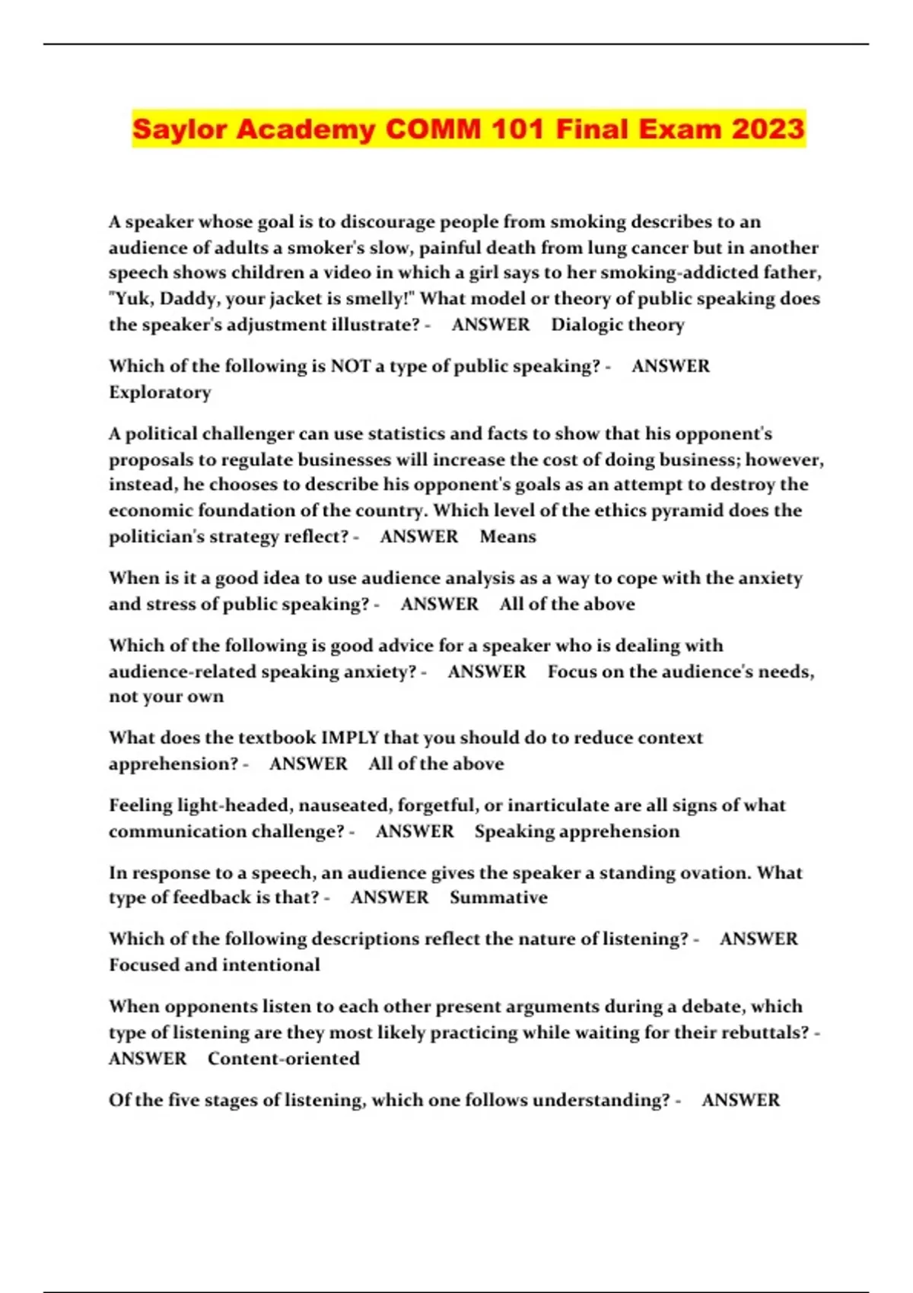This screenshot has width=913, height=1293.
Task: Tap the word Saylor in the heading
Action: click(x=179, y=129)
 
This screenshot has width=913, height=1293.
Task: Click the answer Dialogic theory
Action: click(x=618, y=325)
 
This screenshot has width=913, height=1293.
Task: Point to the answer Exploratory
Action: click(x=160, y=392)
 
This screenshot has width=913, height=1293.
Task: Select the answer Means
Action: click(x=507, y=537)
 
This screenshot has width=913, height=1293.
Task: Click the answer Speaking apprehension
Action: click(x=577, y=831)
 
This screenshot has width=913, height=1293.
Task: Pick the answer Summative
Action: click(x=498, y=897)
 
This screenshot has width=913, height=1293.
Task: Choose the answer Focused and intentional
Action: click(x=214, y=965)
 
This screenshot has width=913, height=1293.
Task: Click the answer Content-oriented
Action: click(x=283, y=1059)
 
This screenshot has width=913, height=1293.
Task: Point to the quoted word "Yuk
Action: click(x=131, y=299)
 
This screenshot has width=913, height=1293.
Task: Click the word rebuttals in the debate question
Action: click(x=765, y=1033)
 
